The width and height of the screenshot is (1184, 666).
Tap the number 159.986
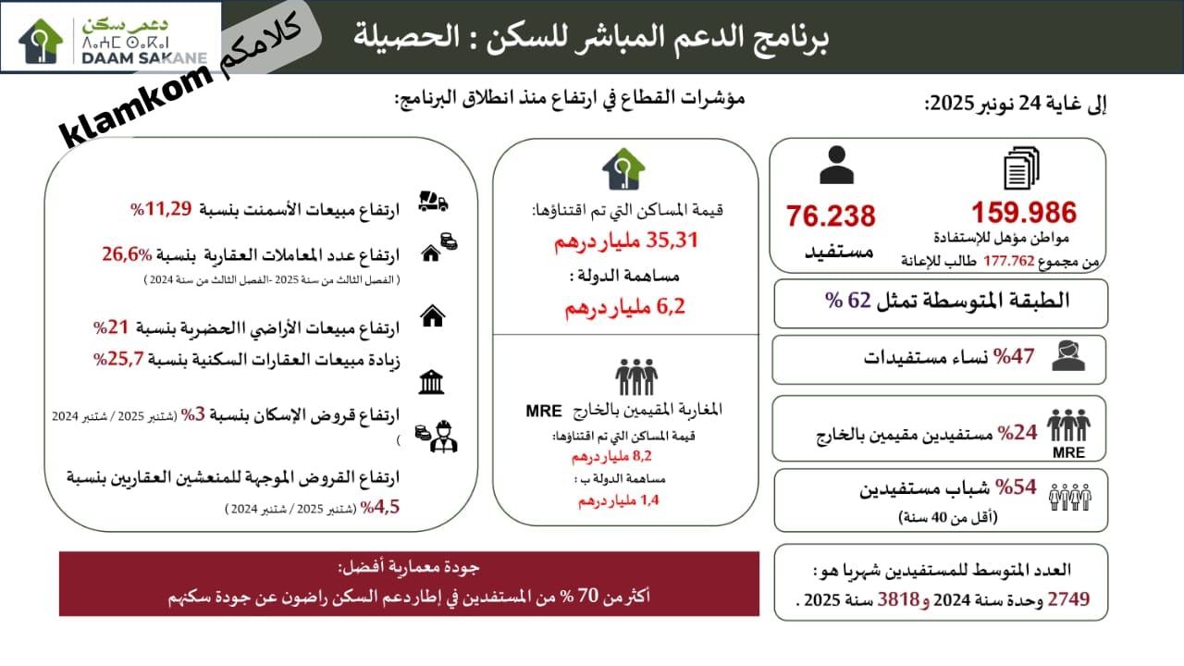(x=1023, y=214)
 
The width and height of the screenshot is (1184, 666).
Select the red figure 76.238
(x=830, y=216)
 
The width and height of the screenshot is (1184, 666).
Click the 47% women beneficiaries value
(x=1013, y=355)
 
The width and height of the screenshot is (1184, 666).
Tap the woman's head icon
(x=1067, y=356)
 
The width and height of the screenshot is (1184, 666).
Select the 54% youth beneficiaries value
(x=1017, y=488)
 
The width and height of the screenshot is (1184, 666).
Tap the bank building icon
(x=431, y=382)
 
